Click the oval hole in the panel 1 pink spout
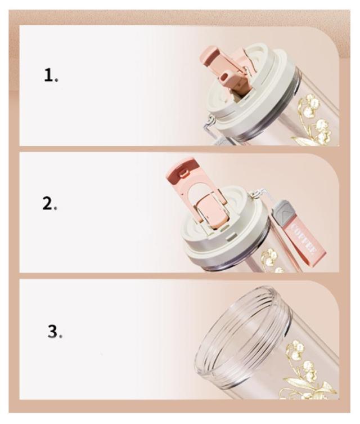pos(224,78)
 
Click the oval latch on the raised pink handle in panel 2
pos(184,173)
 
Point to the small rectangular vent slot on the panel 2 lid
pos(230,238)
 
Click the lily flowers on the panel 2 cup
pos(271,260)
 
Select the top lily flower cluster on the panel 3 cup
pos(296,349)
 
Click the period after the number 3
pos(61,337)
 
